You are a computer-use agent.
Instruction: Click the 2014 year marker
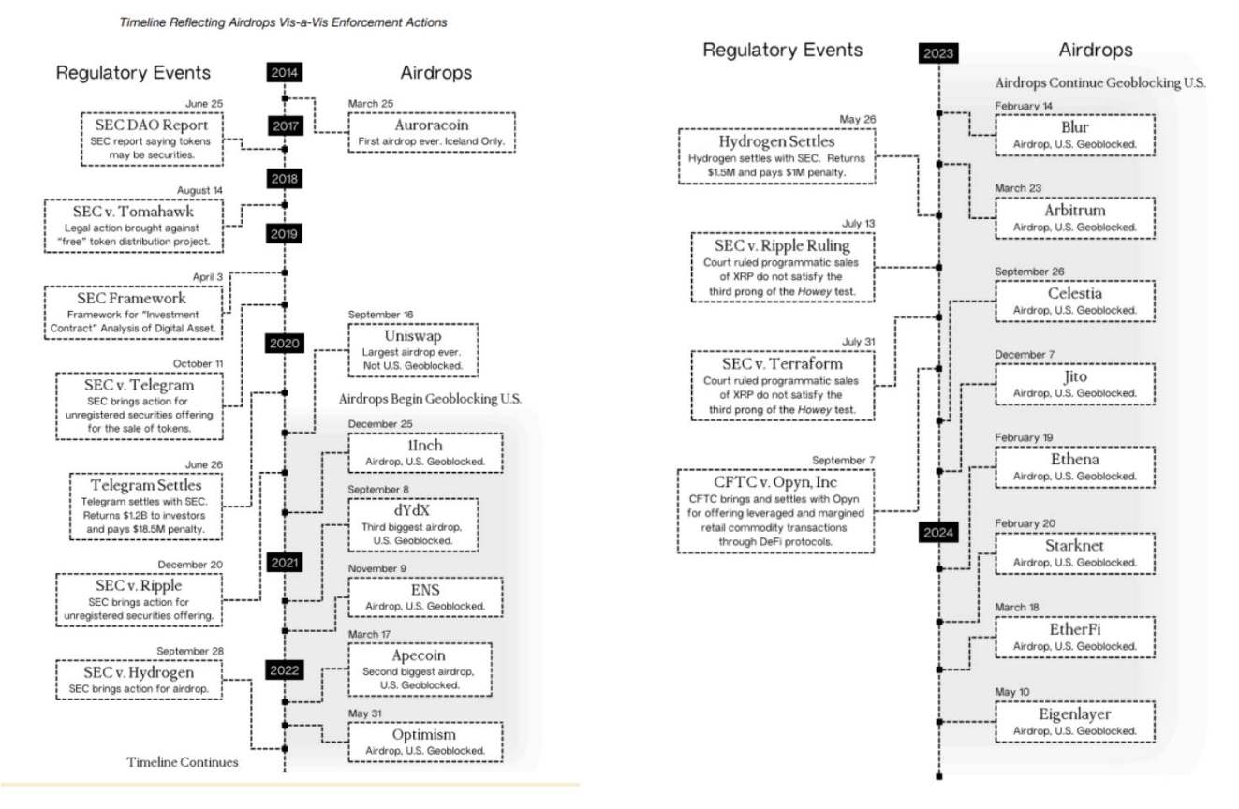284,72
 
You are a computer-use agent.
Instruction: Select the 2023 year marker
938,52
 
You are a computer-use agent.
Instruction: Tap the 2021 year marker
284,563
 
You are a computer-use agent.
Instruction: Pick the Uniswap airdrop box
412,348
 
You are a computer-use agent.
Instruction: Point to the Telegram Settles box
146,505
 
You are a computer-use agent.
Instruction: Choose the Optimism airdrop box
425,741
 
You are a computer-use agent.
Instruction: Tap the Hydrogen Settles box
776,156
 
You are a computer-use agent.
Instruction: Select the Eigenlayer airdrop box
1075,721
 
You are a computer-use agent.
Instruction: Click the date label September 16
382,315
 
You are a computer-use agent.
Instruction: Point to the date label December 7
1025,355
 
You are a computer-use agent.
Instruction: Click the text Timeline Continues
183,762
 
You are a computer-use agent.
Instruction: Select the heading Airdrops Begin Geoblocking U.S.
430,399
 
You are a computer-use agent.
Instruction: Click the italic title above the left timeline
283,22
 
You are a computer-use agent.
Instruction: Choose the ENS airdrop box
425,597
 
